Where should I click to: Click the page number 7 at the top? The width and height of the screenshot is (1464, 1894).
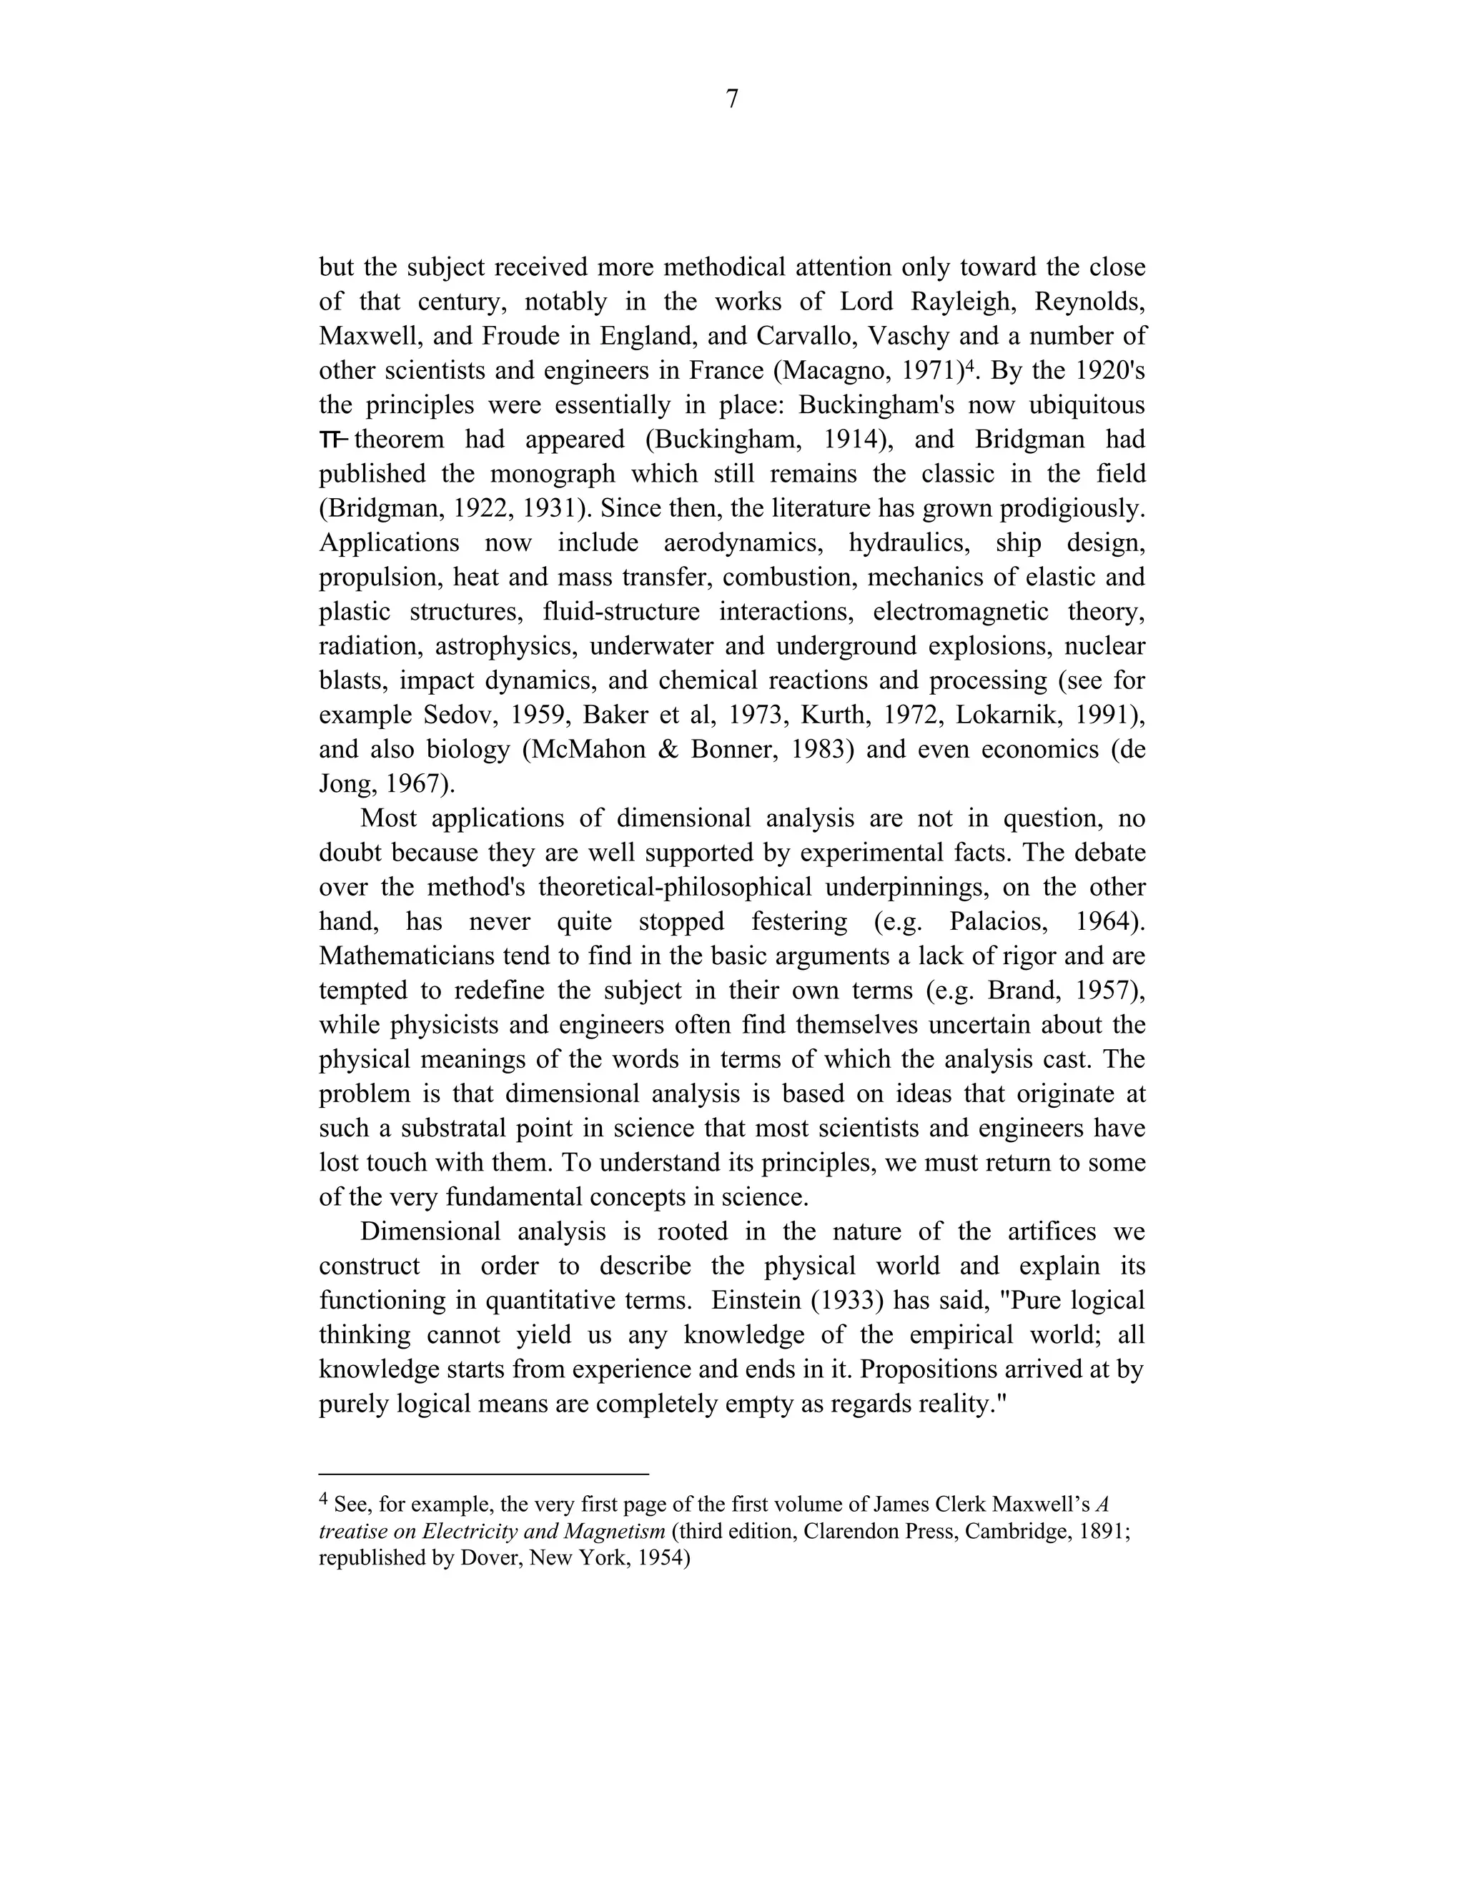click(x=731, y=100)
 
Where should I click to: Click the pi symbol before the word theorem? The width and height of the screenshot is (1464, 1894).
click(x=333, y=440)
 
